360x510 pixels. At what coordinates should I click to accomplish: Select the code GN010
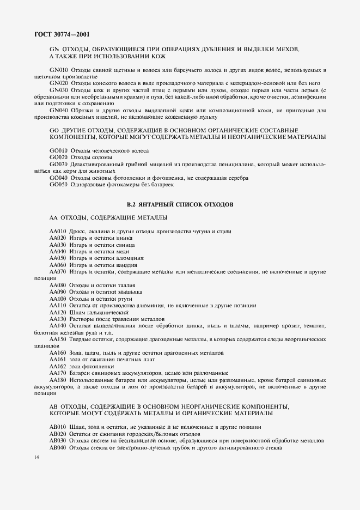coord(58,70)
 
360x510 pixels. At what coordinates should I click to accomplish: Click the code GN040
coord(58,110)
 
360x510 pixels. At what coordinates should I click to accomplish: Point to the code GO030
coord(58,164)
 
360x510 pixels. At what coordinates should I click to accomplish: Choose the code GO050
coord(58,185)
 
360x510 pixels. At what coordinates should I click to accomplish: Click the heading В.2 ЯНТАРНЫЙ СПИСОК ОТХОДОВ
coord(180,204)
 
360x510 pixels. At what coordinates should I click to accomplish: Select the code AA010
coord(58,232)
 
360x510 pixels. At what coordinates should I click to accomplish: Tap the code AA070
coord(58,271)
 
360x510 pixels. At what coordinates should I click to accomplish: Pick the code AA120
coord(58,312)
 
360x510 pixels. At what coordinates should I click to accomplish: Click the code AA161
coord(58,360)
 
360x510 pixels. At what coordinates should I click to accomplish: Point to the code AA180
coord(58,380)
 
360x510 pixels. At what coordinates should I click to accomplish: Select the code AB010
coord(58,427)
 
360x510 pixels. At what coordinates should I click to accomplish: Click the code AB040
coord(58,447)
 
